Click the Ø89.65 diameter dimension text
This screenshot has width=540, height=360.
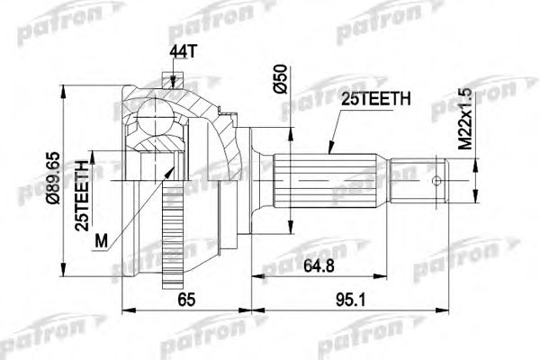pos(53,180)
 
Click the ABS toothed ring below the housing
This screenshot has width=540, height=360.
pos(170,252)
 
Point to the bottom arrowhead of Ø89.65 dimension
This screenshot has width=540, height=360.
pos(63,277)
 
